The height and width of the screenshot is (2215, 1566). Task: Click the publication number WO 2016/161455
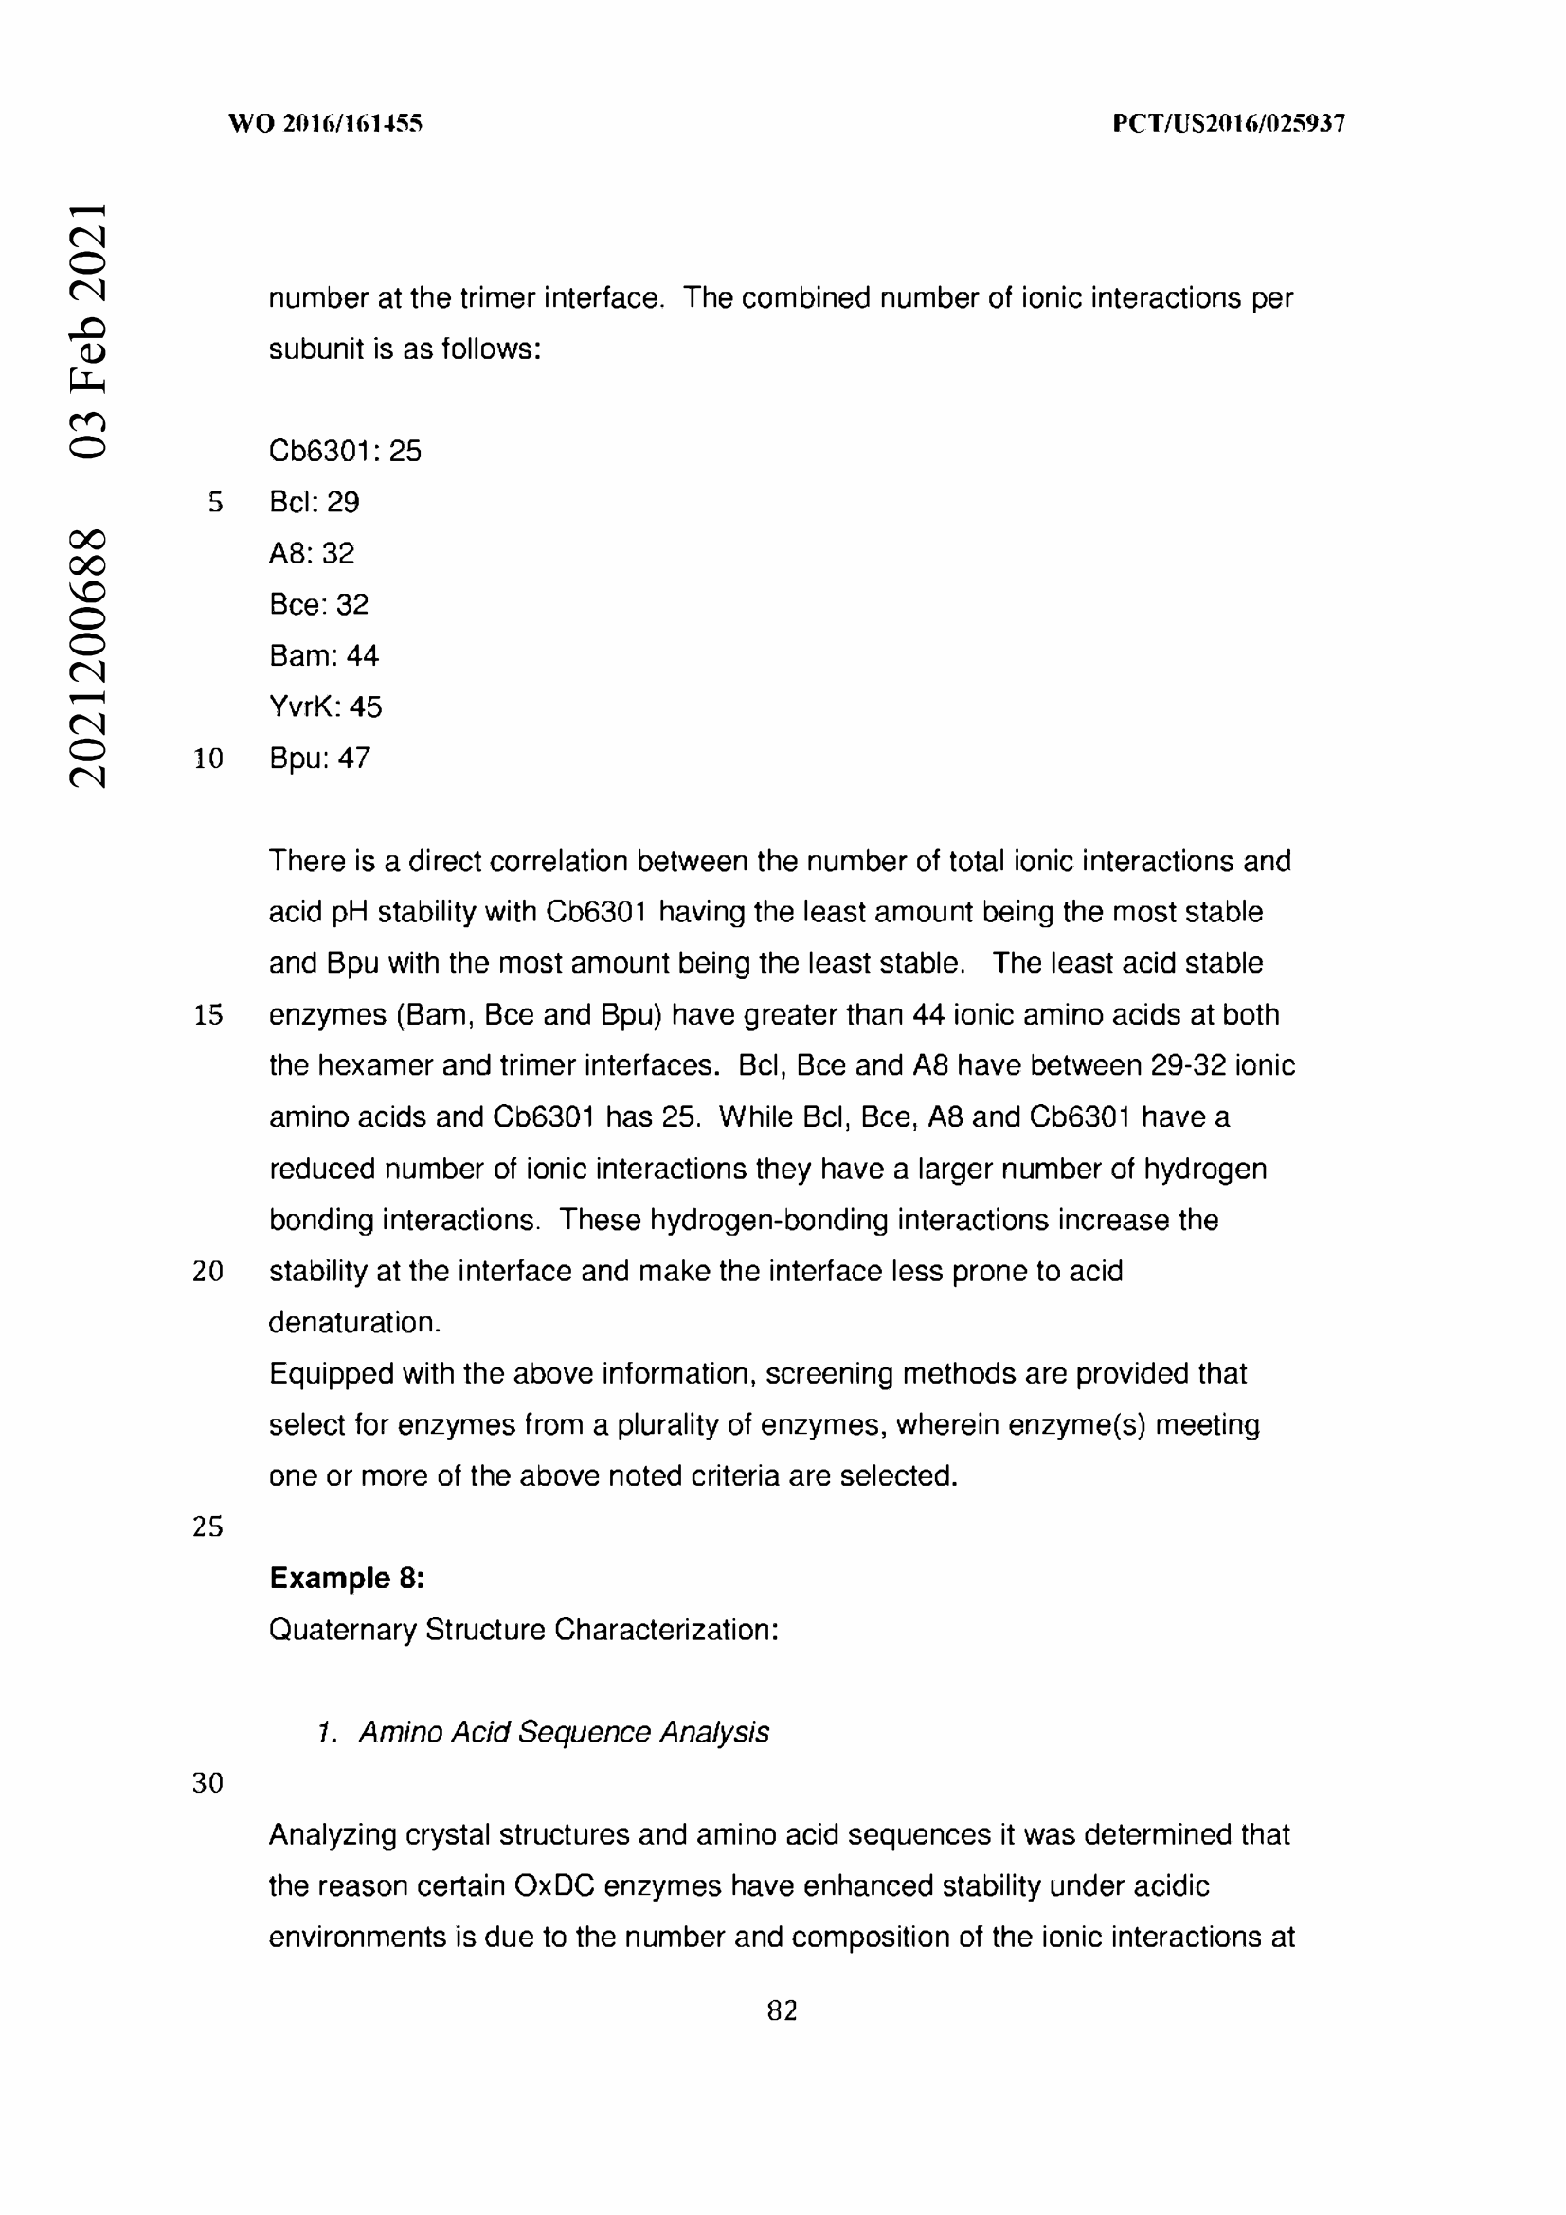coord(325,123)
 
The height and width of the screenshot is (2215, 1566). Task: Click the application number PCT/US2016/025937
coord(1228,123)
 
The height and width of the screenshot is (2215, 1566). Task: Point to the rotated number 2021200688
coord(88,658)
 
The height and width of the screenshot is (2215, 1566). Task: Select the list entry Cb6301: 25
coord(345,451)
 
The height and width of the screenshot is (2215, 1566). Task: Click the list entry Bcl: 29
coord(314,502)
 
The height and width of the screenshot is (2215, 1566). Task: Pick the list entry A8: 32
coord(312,553)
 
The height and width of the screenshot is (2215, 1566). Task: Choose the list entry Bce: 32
coord(318,604)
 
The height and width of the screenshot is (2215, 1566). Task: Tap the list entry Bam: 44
coord(323,655)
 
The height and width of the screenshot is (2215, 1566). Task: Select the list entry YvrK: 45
coord(325,706)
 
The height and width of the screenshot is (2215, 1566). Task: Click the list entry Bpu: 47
coord(319,758)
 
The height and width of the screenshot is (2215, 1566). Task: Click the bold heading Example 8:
coord(347,1578)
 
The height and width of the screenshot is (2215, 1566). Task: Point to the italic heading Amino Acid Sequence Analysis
coord(564,1732)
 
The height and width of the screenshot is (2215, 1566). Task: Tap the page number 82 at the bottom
coord(782,2010)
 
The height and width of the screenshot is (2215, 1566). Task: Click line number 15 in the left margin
coord(207,1015)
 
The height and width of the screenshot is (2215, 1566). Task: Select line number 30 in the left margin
coord(207,1783)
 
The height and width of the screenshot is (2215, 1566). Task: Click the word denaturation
coord(354,1322)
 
